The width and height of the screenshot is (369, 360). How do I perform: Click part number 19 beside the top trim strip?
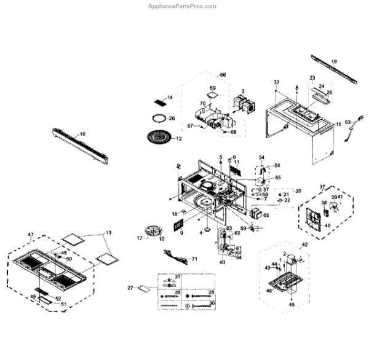pos(334,61)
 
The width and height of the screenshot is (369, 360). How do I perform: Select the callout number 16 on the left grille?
pos(82,134)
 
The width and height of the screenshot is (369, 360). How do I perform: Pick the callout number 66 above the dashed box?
pos(223,74)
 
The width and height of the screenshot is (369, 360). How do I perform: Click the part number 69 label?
pos(213,88)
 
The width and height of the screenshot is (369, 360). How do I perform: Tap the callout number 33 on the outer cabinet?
pos(276,82)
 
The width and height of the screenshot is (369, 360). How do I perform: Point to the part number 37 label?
pos(321,186)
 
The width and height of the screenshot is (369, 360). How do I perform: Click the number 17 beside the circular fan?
pos(139,237)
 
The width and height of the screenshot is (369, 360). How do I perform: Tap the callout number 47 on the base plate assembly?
pos(31,235)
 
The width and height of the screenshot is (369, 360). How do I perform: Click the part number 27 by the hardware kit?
pos(130,288)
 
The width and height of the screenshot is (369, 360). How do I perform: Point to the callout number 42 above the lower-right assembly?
pos(303,244)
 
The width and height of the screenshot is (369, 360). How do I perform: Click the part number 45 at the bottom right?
pos(292,304)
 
